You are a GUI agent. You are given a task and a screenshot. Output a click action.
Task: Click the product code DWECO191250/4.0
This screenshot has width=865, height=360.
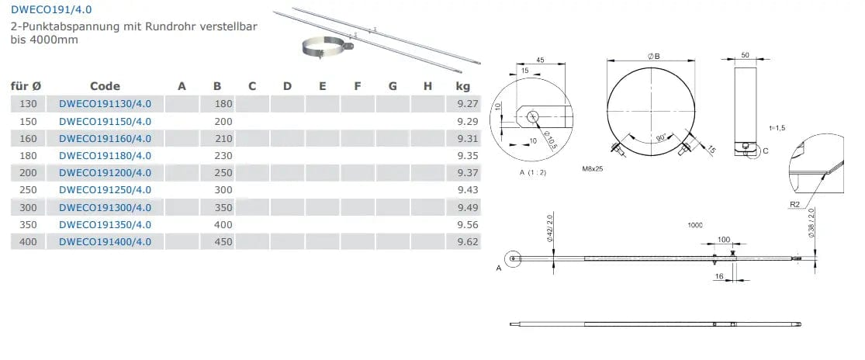pos(105,190)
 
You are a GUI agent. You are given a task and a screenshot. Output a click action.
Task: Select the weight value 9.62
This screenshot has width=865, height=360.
pos(468,241)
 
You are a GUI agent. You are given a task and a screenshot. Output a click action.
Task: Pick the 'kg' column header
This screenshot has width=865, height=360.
pos(463,87)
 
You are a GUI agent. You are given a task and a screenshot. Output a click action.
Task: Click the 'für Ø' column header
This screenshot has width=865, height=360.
pos(26,86)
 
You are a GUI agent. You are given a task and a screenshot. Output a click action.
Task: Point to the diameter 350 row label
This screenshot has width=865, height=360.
pos(28,224)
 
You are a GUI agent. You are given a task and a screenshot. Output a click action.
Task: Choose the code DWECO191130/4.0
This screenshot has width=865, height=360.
pos(105,104)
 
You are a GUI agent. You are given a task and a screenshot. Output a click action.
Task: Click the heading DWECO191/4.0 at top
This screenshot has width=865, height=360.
pos(47,9)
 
